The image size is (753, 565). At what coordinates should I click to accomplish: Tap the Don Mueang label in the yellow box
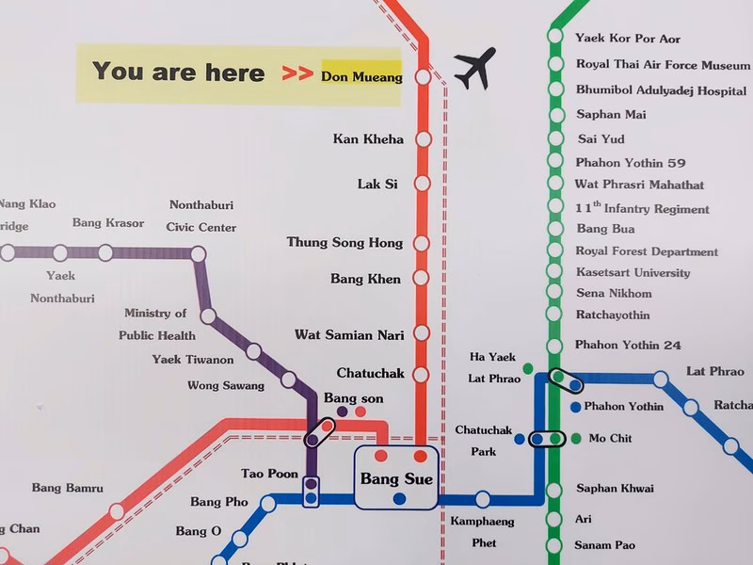tap(361, 76)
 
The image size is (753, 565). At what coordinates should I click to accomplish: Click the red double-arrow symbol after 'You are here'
tap(297, 73)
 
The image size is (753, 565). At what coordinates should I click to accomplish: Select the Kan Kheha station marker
tap(423, 139)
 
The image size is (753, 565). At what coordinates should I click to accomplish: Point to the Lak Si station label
tap(377, 185)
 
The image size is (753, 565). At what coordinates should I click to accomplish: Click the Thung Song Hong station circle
tap(422, 243)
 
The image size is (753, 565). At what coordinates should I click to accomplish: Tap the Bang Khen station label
tap(365, 279)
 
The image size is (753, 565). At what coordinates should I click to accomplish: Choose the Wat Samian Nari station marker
tap(422, 333)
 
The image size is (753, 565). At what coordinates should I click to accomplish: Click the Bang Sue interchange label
tap(396, 479)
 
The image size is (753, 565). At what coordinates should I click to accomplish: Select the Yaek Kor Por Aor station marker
tap(555, 39)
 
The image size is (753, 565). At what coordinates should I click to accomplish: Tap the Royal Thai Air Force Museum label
tap(662, 64)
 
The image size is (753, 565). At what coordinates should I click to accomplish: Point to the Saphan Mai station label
tap(612, 115)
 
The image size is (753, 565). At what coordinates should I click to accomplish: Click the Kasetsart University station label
tap(633, 273)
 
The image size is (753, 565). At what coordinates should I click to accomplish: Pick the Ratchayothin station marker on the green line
tap(555, 315)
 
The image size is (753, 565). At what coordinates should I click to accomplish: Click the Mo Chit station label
tap(610, 439)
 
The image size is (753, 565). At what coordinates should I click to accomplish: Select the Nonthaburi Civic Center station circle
tap(198, 253)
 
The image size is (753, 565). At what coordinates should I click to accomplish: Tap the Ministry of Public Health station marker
tap(208, 316)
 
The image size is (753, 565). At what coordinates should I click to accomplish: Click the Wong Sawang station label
tap(226, 385)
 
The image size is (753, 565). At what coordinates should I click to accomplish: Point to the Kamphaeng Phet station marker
tap(483, 499)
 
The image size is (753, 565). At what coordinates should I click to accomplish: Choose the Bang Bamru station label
tap(67, 488)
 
